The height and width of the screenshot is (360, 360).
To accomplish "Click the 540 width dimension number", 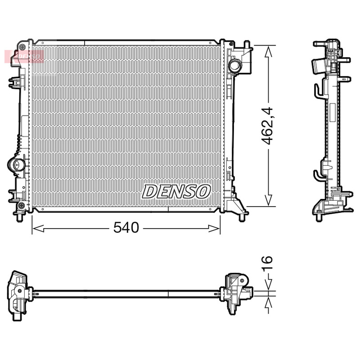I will (126, 228).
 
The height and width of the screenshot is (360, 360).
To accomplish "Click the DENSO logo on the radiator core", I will (176, 191).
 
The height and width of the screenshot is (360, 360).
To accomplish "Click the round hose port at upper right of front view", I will (235, 66).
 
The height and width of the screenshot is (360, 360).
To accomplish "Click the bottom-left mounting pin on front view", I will (19, 218).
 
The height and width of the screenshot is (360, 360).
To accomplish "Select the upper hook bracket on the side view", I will (318, 90).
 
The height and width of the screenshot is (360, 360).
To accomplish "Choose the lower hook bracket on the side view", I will (318, 175).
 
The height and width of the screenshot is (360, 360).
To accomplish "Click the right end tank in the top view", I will (236, 293).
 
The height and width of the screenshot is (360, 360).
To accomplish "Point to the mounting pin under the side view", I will (319, 217).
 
